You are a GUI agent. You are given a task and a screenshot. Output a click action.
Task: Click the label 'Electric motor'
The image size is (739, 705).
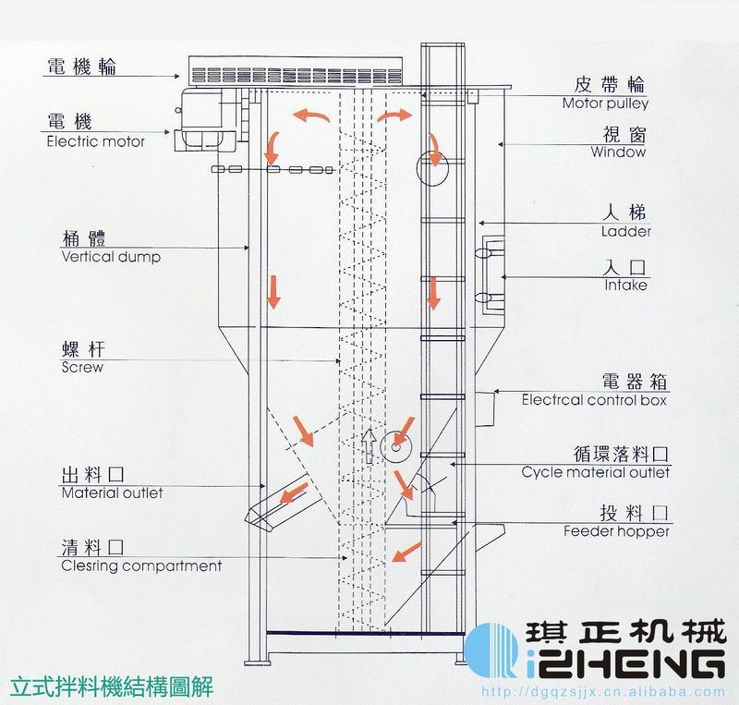point(96,142)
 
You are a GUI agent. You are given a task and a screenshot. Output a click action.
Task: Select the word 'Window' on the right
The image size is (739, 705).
point(618,152)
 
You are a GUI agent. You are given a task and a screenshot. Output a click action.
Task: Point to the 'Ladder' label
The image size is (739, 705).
point(625,232)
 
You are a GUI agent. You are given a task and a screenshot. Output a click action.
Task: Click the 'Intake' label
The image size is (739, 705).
point(625,286)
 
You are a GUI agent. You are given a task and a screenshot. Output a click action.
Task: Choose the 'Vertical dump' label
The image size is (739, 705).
point(111,257)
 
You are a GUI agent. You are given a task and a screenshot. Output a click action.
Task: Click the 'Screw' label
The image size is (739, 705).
point(82,367)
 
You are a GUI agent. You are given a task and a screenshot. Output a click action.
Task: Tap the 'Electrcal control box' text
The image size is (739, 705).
point(594,401)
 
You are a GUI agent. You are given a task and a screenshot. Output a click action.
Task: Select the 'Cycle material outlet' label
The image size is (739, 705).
point(596,472)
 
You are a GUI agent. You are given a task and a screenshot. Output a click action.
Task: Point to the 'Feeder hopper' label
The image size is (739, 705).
point(616,531)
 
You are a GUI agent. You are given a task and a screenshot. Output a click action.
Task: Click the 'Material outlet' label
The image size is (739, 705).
point(112,493)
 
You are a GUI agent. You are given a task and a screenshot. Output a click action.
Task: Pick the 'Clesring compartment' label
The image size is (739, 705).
point(141,565)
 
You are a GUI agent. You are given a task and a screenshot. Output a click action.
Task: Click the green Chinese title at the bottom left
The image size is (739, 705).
point(111,687)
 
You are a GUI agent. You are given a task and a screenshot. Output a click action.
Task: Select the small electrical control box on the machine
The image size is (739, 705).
point(487,404)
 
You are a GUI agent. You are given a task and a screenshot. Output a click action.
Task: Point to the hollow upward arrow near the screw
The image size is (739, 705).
point(370,445)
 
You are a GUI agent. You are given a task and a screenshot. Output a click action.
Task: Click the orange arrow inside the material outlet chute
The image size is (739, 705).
point(295,496)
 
